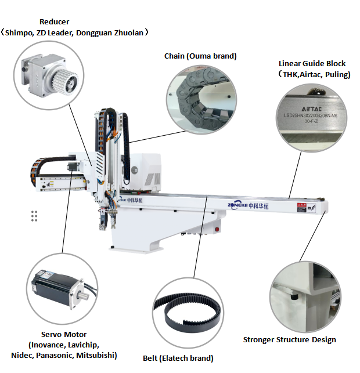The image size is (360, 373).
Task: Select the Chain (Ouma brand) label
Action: [x=200, y=56]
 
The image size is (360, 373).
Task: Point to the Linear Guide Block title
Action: [x=312, y=63]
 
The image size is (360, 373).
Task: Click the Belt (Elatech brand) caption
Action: [x=178, y=358]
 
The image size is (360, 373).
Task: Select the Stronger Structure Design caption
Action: [x=289, y=339]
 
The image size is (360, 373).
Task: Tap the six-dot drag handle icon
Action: [x=34, y=216]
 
